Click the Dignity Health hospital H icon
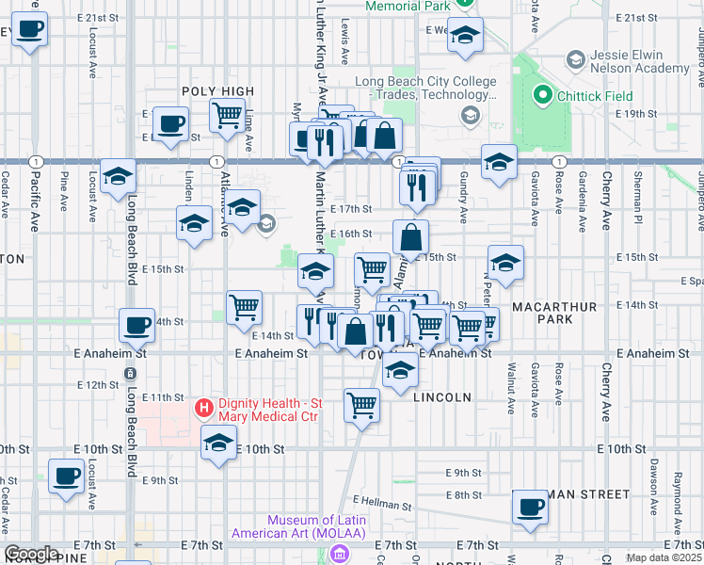202,409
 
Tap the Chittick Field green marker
542,95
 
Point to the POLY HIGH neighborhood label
218,91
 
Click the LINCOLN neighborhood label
441,397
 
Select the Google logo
31,554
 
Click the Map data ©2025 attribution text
664,557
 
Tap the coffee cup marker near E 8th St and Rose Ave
530,507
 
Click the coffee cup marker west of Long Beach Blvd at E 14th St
136,325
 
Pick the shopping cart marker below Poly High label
227,115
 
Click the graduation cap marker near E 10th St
218,443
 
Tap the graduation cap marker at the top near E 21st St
464,36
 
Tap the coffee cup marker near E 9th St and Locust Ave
65,476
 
